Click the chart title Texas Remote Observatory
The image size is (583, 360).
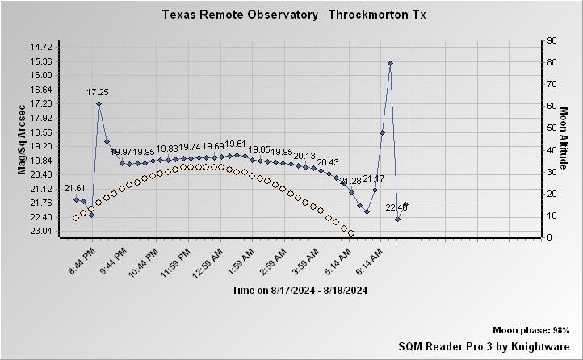pyautogui.click(x=239, y=15)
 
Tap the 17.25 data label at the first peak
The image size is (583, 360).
pyautogui.click(x=98, y=93)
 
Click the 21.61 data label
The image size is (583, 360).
pyautogui.click(x=74, y=188)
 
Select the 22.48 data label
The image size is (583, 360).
pyautogui.click(x=396, y=207)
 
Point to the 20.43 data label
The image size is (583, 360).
pyautogui.click(x=328, y=162)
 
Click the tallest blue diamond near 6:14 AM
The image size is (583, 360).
pyautogui.click(x=390, y=63)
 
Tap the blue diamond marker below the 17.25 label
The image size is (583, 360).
pyautogui.click(x=99, y=103)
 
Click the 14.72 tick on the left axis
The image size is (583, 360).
pyautogui.click(x=40, y=47)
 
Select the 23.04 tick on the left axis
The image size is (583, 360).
pyautogui.click(x=40, y=232)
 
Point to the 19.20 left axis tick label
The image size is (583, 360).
pyautogui.click(x=40, y=146)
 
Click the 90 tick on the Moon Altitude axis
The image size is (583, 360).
pyautogui.click(x=552, y=40)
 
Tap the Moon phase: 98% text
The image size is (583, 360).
pyautogui.click(x=531, y=331)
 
